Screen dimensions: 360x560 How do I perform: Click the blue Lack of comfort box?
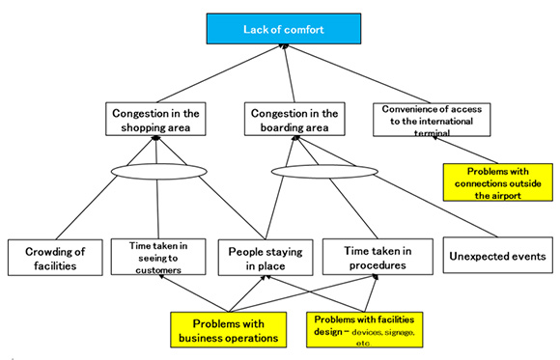(x=281, y=29)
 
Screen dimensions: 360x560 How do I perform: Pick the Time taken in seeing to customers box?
(x=155, y=258)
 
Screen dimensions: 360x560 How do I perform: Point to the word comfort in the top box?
(x=302, y=29)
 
